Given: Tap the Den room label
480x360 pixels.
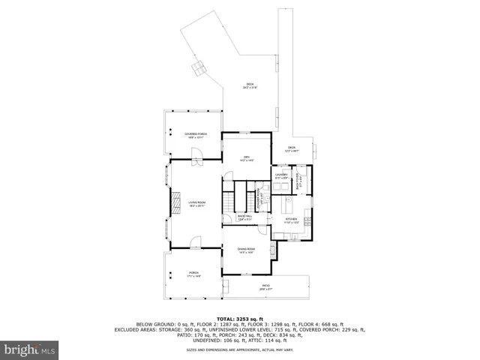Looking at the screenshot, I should (x=245, y=157).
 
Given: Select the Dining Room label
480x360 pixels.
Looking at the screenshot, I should (x=245, y=250).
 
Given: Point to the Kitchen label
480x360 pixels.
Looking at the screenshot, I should (x=291, y=220).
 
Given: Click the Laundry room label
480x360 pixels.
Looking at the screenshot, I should (x=281, y=175).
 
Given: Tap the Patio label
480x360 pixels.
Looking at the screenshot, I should (x=265, y=286).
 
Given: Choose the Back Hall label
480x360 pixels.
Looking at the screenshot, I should (x=244, y=217).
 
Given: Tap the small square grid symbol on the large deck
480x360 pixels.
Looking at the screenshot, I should (x=198, y=70).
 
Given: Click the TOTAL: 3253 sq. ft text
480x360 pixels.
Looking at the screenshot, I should (x=240, y=318).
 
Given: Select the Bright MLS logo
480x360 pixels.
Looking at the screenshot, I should (x=30, y=349).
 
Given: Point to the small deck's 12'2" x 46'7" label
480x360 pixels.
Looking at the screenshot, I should (x=292, y=149).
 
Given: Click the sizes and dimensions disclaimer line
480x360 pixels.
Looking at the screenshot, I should (x=240, y=349).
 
